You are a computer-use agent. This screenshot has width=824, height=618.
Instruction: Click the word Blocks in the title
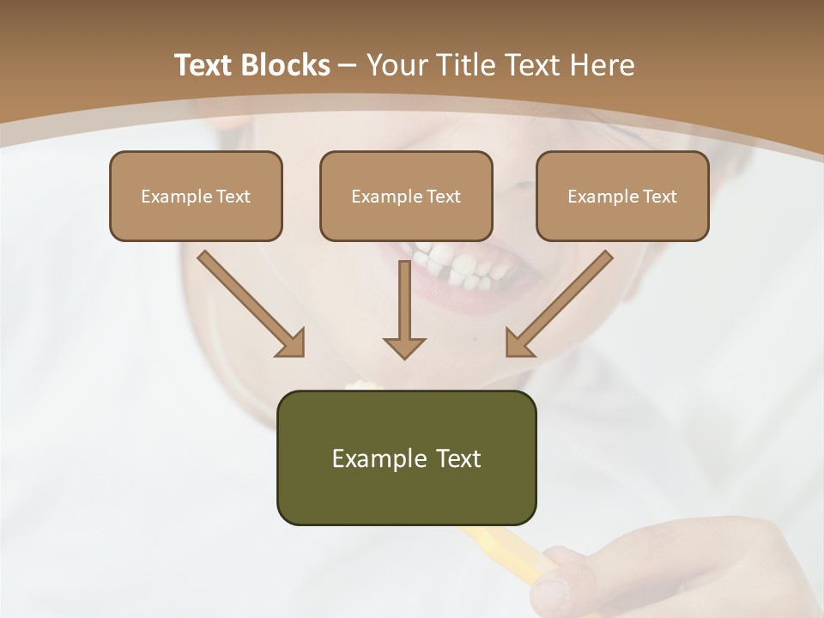pos(287,65)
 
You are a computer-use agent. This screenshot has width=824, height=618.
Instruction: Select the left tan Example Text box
pos(196,196)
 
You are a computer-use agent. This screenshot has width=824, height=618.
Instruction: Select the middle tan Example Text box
pos(406,196)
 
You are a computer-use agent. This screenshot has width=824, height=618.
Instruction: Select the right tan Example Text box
pos(622,196)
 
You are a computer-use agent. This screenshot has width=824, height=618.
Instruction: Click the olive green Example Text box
pos(406,457)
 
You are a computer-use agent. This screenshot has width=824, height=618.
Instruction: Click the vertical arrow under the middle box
pos(404,300)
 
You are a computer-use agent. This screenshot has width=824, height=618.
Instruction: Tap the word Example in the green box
pos(367,458)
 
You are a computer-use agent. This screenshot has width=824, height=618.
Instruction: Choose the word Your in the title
pos(396,65)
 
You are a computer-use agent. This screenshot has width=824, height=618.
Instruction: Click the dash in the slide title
pos(348,65)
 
